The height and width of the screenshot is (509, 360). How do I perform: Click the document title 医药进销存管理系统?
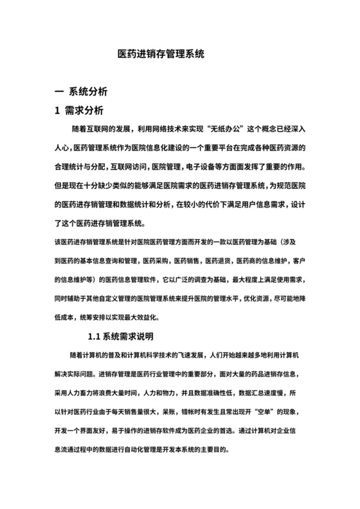click(161, 55)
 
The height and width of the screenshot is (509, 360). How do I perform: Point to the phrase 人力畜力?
click(90, 393)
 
